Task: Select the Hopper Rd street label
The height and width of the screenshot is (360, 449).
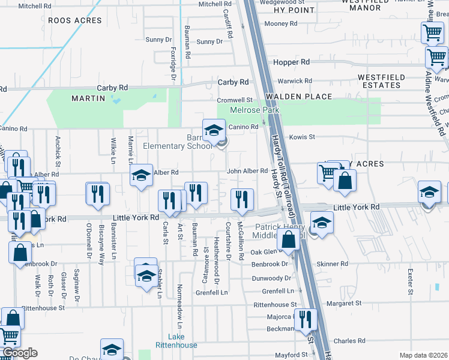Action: pos(291,62)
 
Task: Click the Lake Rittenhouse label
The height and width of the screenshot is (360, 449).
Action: pos(182,340)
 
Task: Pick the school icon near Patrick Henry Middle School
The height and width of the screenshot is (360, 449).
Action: pos(322,223)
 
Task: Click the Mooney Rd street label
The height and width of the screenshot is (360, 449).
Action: pos(282,24)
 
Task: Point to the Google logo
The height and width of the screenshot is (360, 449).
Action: pos(19,353)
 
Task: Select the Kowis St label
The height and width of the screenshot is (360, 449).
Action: pos(302,137)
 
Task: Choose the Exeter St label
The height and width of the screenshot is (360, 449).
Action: pos(411,281)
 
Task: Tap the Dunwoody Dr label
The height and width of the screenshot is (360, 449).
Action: pos(271,278)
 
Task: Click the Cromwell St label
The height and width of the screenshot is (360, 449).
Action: pos(235,100)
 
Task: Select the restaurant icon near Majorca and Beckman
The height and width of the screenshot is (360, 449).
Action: pos(306,319)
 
